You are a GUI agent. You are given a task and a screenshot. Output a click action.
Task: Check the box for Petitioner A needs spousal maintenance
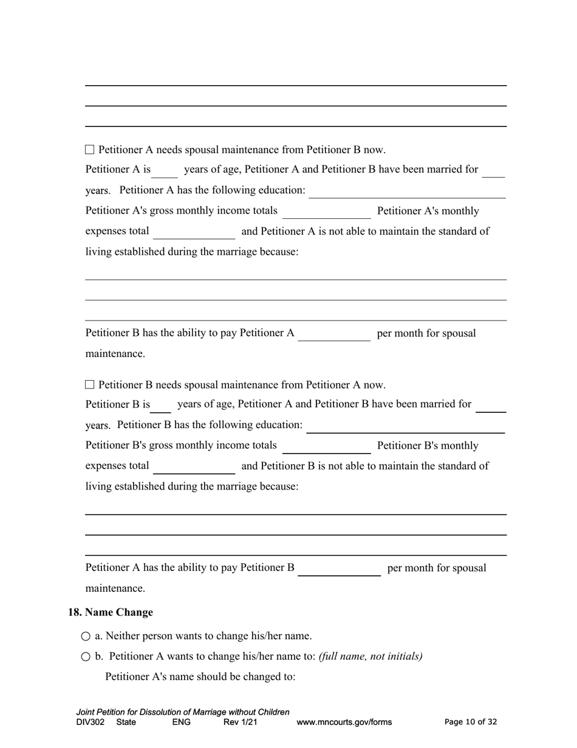point(90,150)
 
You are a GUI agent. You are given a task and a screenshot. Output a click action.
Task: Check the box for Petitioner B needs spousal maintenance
point(90,384)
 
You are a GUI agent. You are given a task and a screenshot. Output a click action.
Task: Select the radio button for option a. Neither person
point(86,636)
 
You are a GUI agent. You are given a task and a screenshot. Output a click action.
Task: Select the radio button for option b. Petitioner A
point(86,657)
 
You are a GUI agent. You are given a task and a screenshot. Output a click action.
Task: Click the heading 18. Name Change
point(111,612)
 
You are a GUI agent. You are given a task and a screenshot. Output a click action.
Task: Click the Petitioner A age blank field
point(165,170)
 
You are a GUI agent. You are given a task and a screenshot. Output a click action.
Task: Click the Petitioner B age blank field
point(161,405)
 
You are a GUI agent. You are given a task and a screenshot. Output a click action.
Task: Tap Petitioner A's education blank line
point(407,191)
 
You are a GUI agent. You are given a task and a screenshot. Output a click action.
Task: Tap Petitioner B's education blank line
point(405,426)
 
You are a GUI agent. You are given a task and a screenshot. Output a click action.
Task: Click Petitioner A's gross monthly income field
point(326,212)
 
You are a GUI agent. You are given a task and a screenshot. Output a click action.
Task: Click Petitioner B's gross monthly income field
point(326,446)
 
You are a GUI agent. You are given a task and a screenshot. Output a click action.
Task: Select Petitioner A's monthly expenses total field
point(194,232)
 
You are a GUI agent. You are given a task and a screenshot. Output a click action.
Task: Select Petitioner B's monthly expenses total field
point(194,466)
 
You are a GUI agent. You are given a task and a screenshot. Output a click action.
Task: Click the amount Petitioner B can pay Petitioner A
point(334,334)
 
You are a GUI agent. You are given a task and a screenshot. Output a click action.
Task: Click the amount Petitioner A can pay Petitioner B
point(339,569)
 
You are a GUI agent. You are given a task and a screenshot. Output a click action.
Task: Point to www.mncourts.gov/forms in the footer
point(344,722)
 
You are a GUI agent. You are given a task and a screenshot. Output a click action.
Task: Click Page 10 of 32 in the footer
point(471,722)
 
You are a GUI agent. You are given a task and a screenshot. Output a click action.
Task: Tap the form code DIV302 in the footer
point(90,722)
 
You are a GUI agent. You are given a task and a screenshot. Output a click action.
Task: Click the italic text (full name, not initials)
point(370,657)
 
